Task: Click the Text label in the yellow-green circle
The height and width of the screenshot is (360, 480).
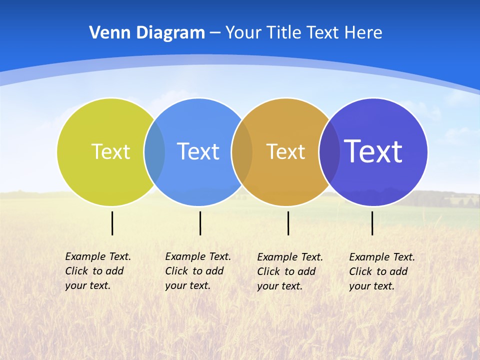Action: [110, 151]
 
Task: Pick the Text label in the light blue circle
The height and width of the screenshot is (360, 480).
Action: [198, 151]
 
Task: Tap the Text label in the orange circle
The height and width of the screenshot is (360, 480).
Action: [285, 151]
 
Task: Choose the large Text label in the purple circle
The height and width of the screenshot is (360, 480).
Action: [373, 151]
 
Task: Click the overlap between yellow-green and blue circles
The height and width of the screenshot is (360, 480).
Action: [154, 152]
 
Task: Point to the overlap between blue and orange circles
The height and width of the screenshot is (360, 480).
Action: [242, 152]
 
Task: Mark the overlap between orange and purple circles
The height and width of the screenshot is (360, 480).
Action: [329, 152]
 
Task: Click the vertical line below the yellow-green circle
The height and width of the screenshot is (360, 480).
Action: [112, 223]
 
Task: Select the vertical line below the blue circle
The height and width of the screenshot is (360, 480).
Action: [200, 223]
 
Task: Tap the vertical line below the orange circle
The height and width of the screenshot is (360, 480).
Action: [288, 223]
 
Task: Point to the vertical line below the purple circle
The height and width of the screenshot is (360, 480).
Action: [372, 223]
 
